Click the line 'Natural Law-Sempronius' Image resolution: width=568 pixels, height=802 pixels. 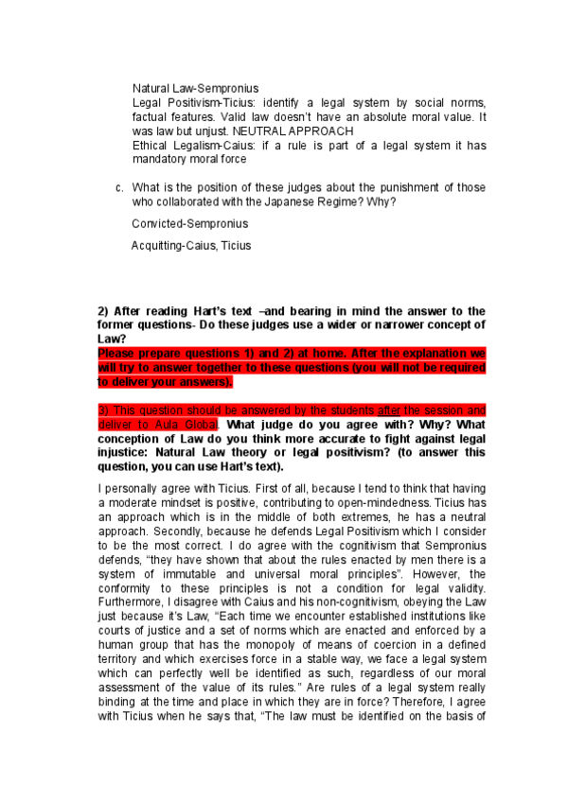(195, 88)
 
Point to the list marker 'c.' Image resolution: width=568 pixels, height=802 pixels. (119, 187)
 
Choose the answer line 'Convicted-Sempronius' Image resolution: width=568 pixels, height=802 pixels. (189, 224)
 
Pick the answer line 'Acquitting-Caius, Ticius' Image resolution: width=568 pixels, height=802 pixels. (190, 246)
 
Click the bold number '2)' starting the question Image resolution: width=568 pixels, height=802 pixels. (105, 311)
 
